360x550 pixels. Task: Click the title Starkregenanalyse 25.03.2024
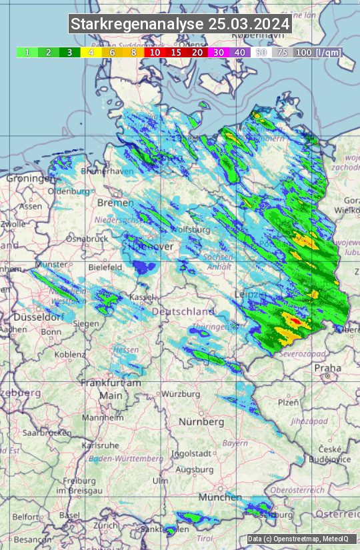tap(180, 25)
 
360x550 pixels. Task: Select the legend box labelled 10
tap(155, 52)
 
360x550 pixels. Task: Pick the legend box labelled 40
tap(240, 52)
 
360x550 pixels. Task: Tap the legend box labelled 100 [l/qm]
tap(317, 52)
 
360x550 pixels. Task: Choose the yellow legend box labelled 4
tap(91, 52)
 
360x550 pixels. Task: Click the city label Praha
tap(328, 367)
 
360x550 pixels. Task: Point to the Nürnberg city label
tap(201, 422)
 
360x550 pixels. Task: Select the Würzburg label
tap(181, 394)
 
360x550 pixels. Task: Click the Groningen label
tap(31, 179)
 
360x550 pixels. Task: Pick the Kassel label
tap(142, 296)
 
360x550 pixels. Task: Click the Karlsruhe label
tap(104, 445)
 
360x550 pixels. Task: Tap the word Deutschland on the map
tap(183, 312)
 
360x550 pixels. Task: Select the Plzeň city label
tap(288, 403)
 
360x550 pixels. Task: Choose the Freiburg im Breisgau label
tap(74, 486)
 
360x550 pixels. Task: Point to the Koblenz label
tap(70, 354)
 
